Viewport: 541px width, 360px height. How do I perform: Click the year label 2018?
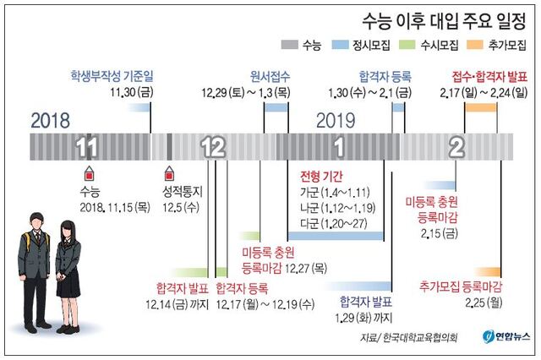[x=51, y=121]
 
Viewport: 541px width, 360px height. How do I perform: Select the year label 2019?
[x=336, y=121]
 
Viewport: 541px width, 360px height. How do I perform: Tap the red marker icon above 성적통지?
[x=168, y=173]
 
